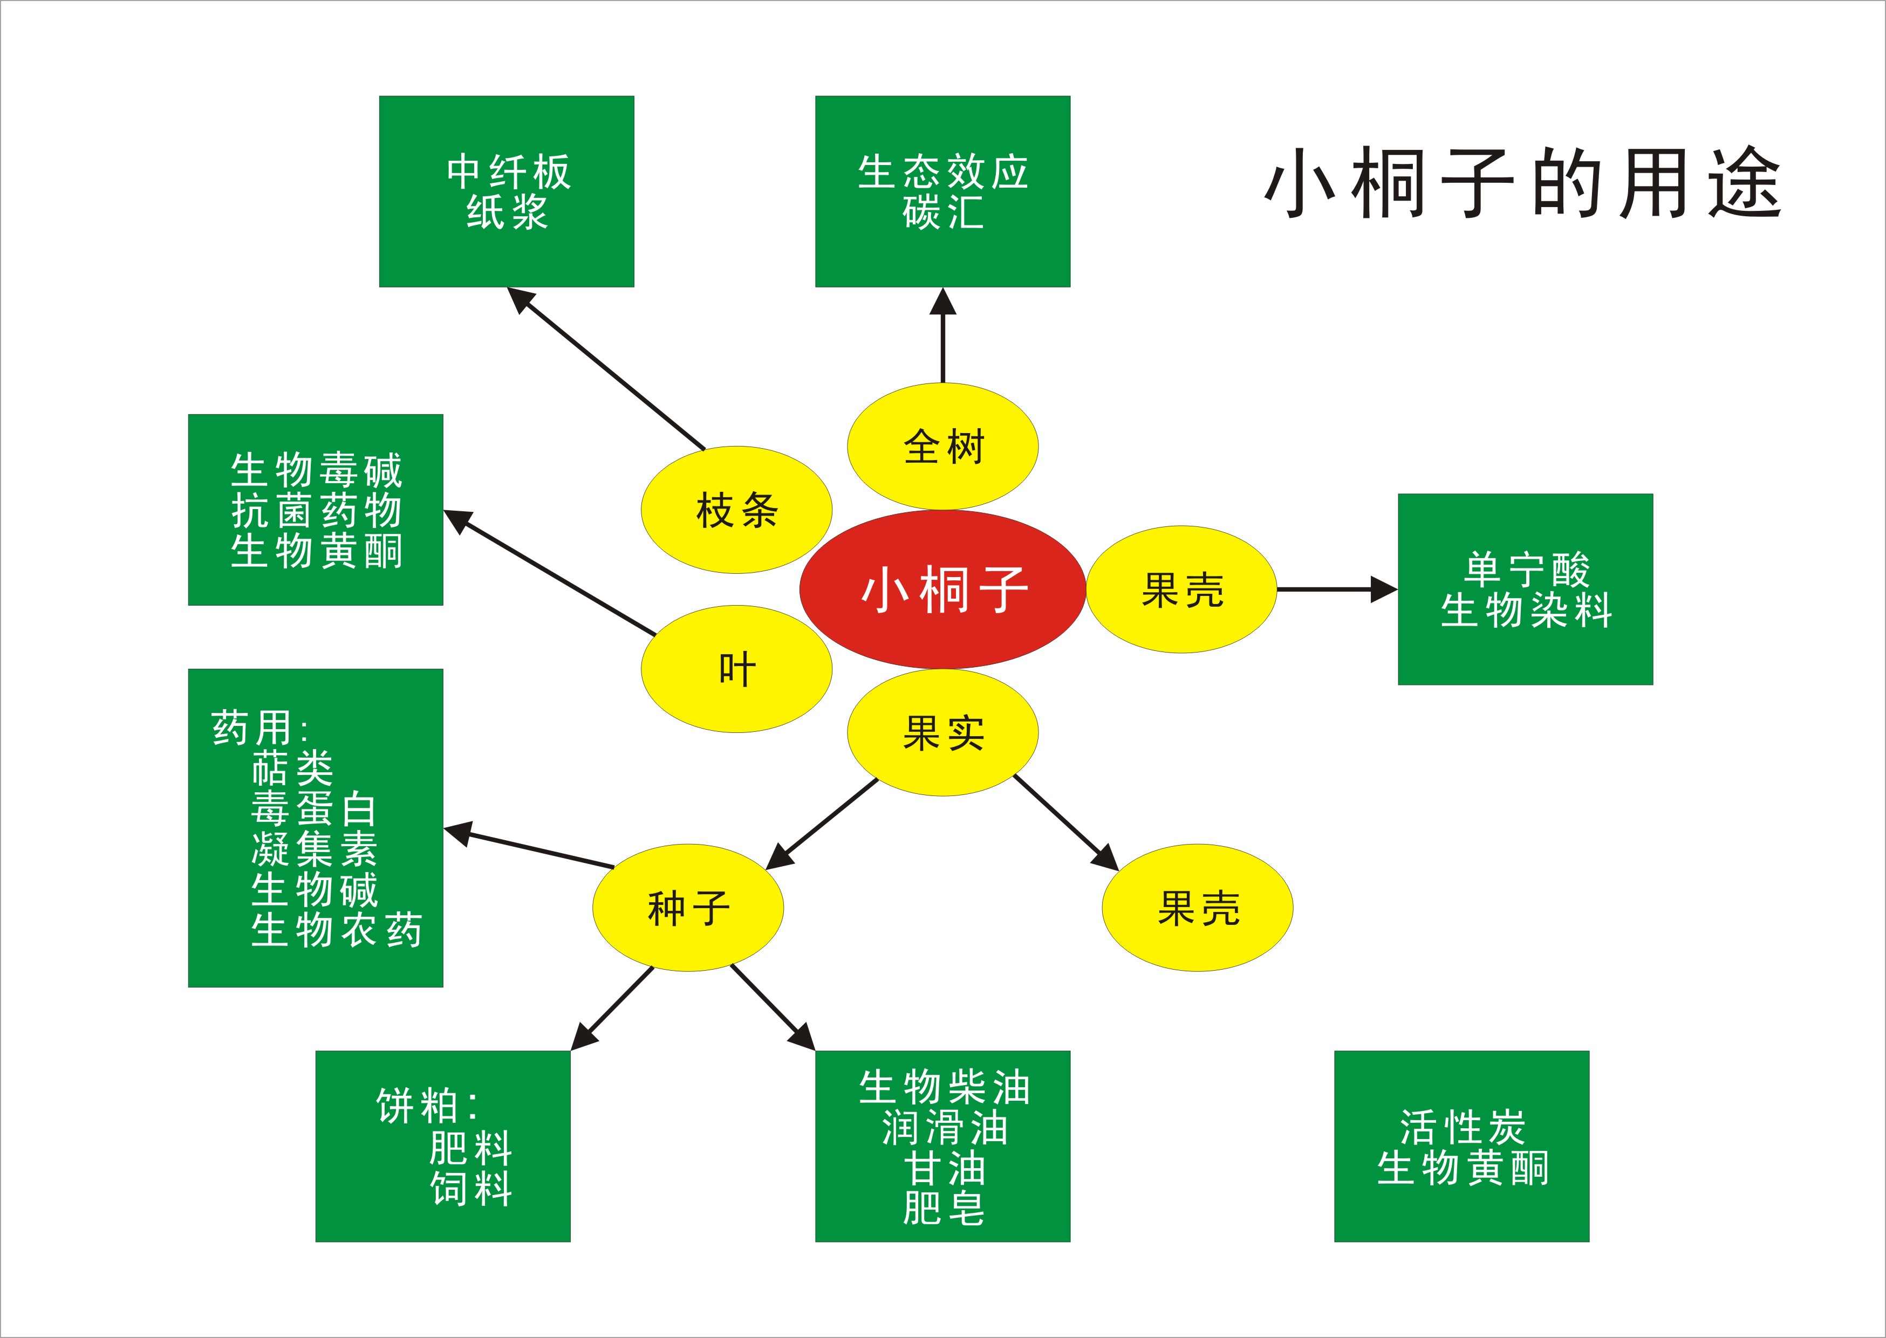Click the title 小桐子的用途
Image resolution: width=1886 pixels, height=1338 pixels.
tap(1522, 183)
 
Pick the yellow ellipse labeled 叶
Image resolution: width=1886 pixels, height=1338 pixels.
tap(736, 669)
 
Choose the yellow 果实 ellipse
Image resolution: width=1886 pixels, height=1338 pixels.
tap(942, 732)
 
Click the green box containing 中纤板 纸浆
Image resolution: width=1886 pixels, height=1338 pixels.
tap(507, 191)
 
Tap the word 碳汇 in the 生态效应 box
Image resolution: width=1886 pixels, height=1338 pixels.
tap(942, 212)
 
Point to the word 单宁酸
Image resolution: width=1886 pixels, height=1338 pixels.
tap(1526, 569)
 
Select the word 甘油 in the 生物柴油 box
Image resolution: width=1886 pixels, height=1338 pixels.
tap(944, 1168)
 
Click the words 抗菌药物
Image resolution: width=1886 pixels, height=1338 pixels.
tap(316, 511)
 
